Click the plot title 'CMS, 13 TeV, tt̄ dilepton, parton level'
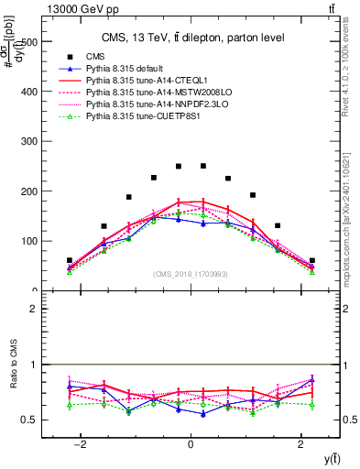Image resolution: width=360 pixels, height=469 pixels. coord(191,37)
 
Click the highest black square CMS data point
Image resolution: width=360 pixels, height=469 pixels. coord(203,166)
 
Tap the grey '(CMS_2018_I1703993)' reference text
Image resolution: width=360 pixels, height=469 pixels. coord(191,274)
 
